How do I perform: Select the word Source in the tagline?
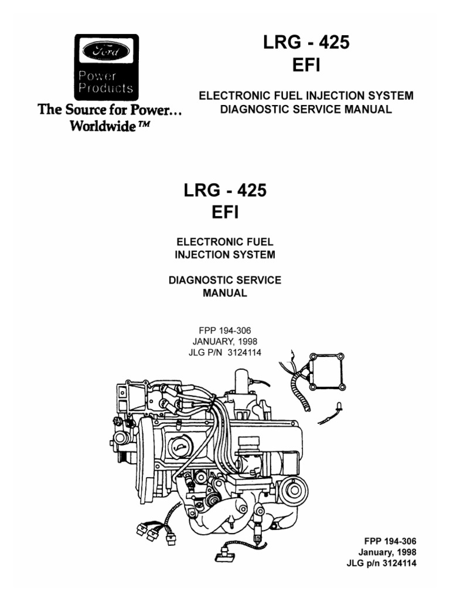click(79, 110)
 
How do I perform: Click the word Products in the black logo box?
click(105, 89)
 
